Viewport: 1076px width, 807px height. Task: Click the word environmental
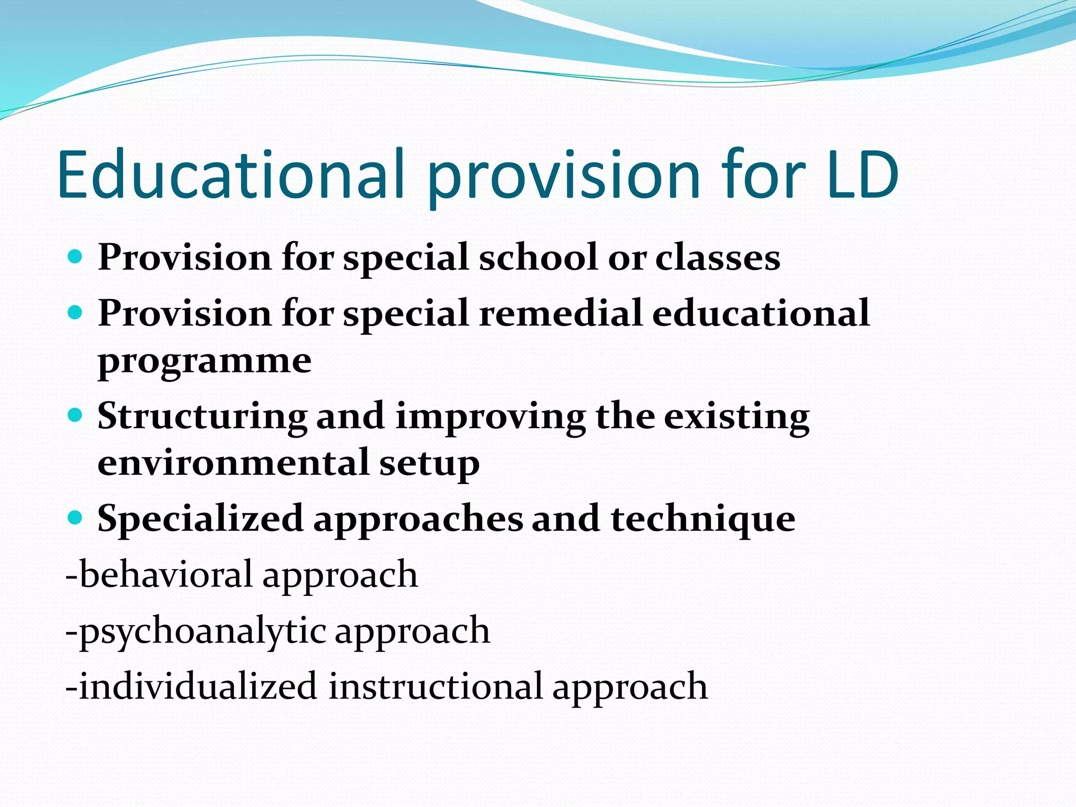(x=233, y=463)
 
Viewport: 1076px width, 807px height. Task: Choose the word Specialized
(x=200, y=519)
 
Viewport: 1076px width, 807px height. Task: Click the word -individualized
(x=191, y=686)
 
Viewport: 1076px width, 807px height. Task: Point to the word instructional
(x=436, y=686)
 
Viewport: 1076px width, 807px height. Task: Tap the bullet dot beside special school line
(x=76, y=257)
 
